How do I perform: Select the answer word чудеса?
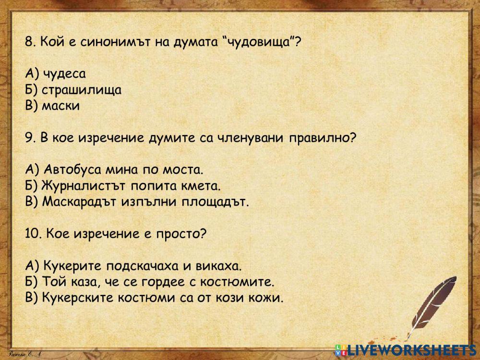(x=64, y=74)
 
